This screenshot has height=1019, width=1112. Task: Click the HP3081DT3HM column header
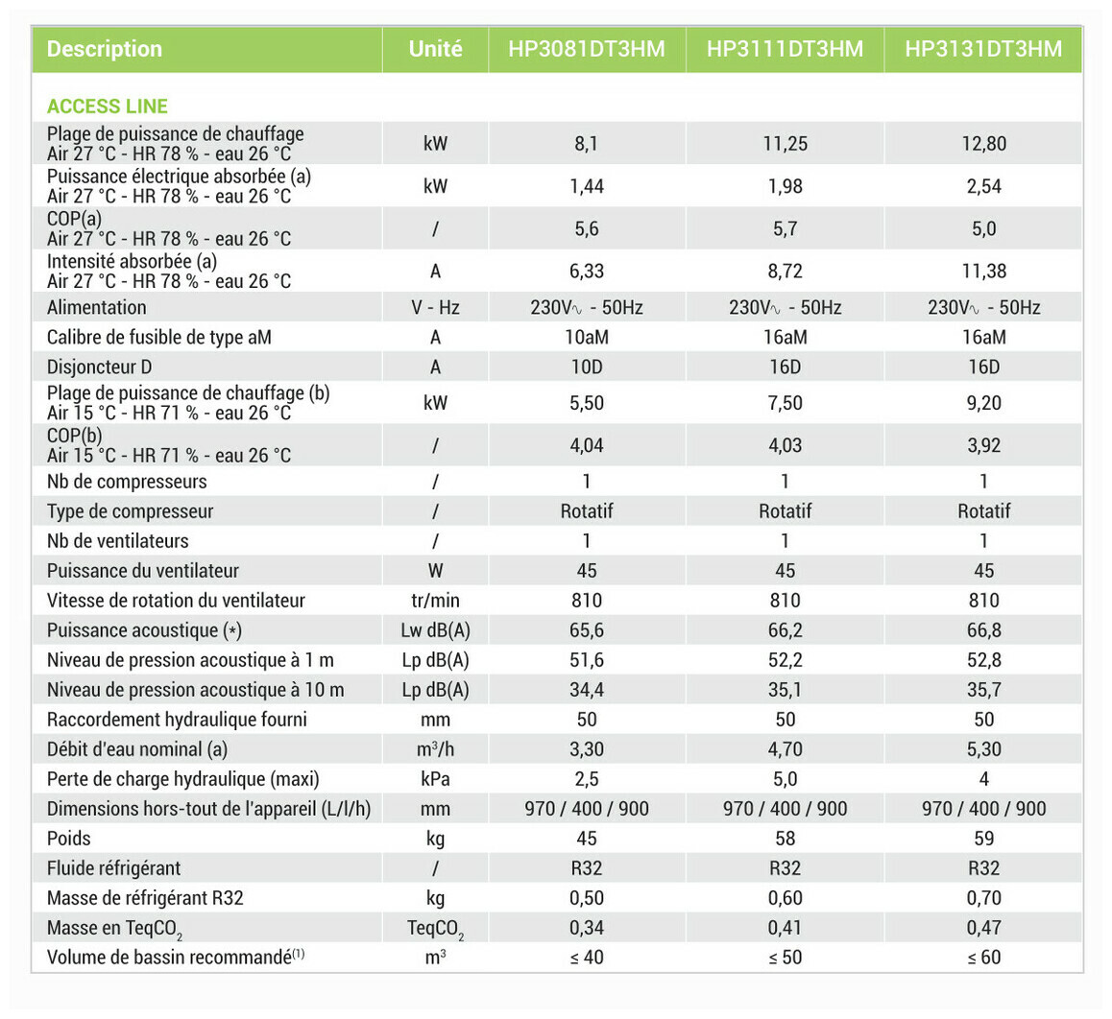(x=587, y=49)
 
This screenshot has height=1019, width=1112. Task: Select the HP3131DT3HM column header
(x=983, y=49)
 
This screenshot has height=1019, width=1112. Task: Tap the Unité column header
(x=435, y=49)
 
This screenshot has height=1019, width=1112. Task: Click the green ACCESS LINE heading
(x=108, y=107)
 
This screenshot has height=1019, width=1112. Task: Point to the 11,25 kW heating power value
(x=785, y=144)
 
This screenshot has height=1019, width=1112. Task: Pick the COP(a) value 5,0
(x=983, y=228)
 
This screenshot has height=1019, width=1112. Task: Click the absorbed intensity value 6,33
(x=587, y=271)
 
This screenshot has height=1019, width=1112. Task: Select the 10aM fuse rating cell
(x=587, y=337)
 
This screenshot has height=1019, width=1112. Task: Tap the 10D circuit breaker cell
(x=587, y=367)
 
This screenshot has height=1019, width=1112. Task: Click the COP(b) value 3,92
(x=983, y=445)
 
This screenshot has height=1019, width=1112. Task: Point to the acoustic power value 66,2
(x=785, y=630)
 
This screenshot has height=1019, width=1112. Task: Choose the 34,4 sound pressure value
(x=587, y=690)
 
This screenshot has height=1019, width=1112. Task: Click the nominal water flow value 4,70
(x=785, y=749)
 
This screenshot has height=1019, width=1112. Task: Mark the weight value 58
(x=785, y=839)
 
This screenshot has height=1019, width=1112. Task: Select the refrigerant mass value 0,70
(x=983, y=898)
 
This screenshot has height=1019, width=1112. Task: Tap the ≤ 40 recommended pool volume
(x=587, y=958)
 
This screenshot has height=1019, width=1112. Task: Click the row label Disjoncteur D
(x=100, y=367)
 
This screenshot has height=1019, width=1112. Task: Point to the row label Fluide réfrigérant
(x=113, y=868)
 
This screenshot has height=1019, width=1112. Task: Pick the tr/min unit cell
(x=435, y=601)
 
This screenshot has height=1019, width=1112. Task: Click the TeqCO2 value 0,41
(x=785, y=928)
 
